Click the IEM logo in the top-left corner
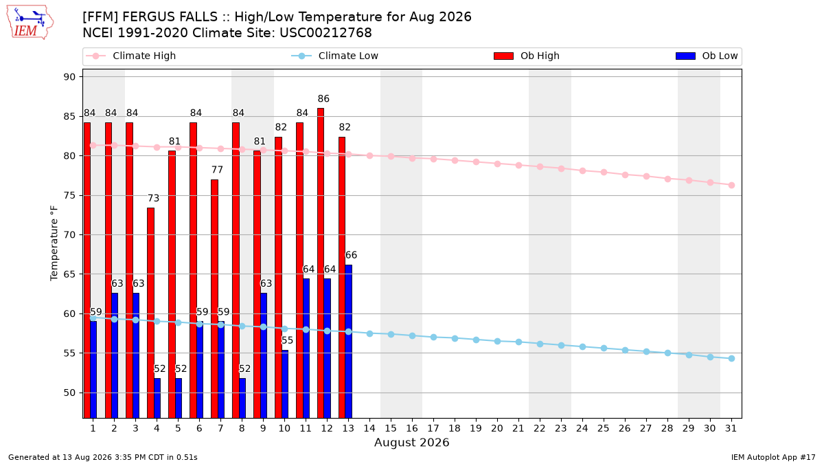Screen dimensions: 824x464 [x=30, y=23]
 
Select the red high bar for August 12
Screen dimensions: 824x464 [x=321, y=263]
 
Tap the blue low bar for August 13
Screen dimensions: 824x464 [x=348, y=342]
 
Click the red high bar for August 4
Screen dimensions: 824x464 [x=150, y=313]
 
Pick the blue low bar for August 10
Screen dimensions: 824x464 [x=285, y=384]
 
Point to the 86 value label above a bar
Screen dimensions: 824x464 [x=323, y=99]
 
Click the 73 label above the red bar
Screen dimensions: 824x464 [x=153, y=198]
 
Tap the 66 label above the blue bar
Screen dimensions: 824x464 [x=351, y=255]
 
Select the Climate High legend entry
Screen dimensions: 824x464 [x=130, y=56]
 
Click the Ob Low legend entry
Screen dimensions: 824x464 [x=707, y=56]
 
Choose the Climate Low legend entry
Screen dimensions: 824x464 [x=335, y=56]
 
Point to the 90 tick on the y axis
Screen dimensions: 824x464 [x=69, y=77]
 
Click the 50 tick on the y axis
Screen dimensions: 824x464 [x=69, y=393]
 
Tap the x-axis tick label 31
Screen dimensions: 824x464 [x=731, y=428]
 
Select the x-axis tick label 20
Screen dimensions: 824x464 [x=497, y=428]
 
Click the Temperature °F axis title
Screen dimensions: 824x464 [x=54, y=243]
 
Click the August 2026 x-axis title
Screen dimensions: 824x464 [x=411, y=442]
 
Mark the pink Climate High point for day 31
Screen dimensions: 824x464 [x=731, y=185]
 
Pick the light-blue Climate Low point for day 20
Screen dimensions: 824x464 [x=497, y=342]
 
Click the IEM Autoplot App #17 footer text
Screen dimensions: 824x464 [x=773, y=457]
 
